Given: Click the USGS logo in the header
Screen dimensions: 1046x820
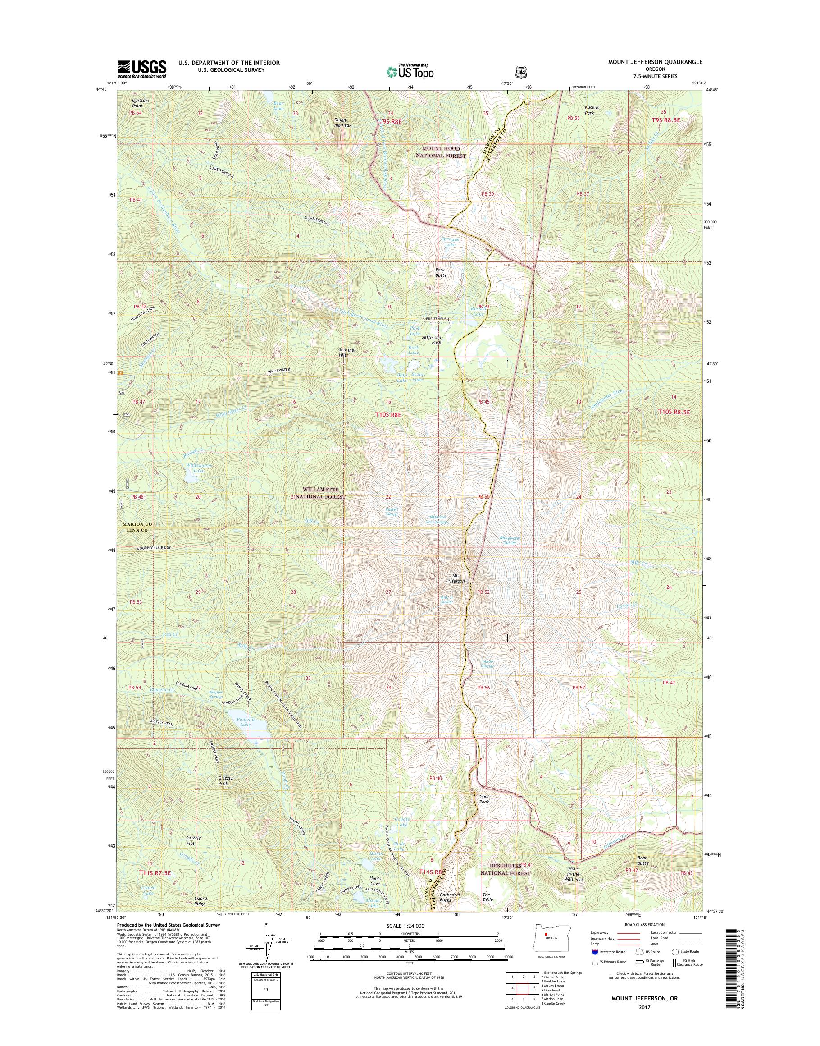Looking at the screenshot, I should [142, 69].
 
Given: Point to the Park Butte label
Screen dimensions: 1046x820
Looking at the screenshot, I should [441, 272].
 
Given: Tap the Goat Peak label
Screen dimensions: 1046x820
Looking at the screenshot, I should [484, 799].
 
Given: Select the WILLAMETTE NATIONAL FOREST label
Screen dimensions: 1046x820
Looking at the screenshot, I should [321, 492].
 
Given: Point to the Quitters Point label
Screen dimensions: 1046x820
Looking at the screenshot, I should [127, 103].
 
